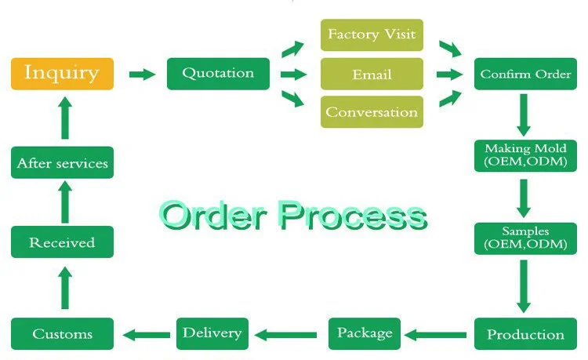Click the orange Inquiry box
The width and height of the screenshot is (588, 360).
click(x=62, y=74)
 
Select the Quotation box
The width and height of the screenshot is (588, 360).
click(x=218, y=74)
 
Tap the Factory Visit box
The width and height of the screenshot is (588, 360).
click(x=372, y=35)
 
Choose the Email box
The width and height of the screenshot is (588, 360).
click(x=372, y=74)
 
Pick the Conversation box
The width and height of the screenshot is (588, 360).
click(x=372, y=111)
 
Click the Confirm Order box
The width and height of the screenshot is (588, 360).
click(x=525, y=74)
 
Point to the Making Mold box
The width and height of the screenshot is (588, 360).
click(x=525, y=155)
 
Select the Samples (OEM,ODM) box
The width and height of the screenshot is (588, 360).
click(x=525, y=238)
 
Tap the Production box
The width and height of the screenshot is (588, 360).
click(x=525, y=334)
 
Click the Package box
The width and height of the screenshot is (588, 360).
click(x=365, y=334)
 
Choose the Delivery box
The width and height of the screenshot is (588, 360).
click(x=212, y=334)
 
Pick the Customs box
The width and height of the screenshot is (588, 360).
click(x=62, y=334)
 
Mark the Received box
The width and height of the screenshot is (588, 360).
click(x=62, y=242)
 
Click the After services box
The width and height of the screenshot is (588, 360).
click(x=62, y=162)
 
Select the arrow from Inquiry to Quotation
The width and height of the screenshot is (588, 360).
click(x=142, y=75)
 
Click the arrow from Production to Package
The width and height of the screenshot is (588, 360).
click(x=435, y=335)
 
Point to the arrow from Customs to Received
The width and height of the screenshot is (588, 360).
click(x=65, y=288)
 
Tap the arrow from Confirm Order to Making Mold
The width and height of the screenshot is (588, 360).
click(x=524, y=115)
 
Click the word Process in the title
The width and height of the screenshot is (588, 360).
click(x=353, y=215)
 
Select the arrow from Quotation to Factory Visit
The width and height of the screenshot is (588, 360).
click(x=293, y=49)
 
